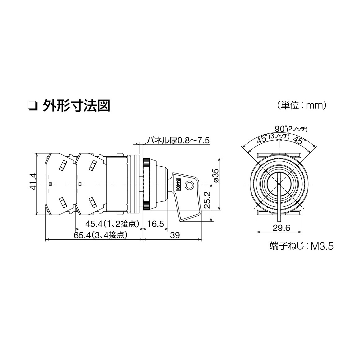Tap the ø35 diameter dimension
pos(216,175)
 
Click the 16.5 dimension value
pos(155,224)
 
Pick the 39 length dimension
pos(175,236)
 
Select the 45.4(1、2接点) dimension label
pos(112,224)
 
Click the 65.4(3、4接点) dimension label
pos(101,236)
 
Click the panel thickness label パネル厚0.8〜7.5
pos(178,141)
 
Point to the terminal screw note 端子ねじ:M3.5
pos(301,246)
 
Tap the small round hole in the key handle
pos(189,186)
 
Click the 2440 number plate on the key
pos(178,185)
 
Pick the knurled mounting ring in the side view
pos(147,184)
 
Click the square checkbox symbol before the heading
pos(32,106)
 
